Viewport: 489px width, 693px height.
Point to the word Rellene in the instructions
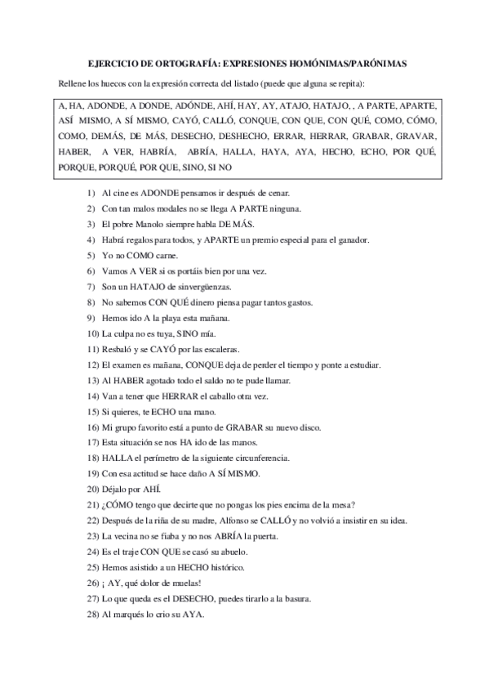(x=72, y=84)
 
